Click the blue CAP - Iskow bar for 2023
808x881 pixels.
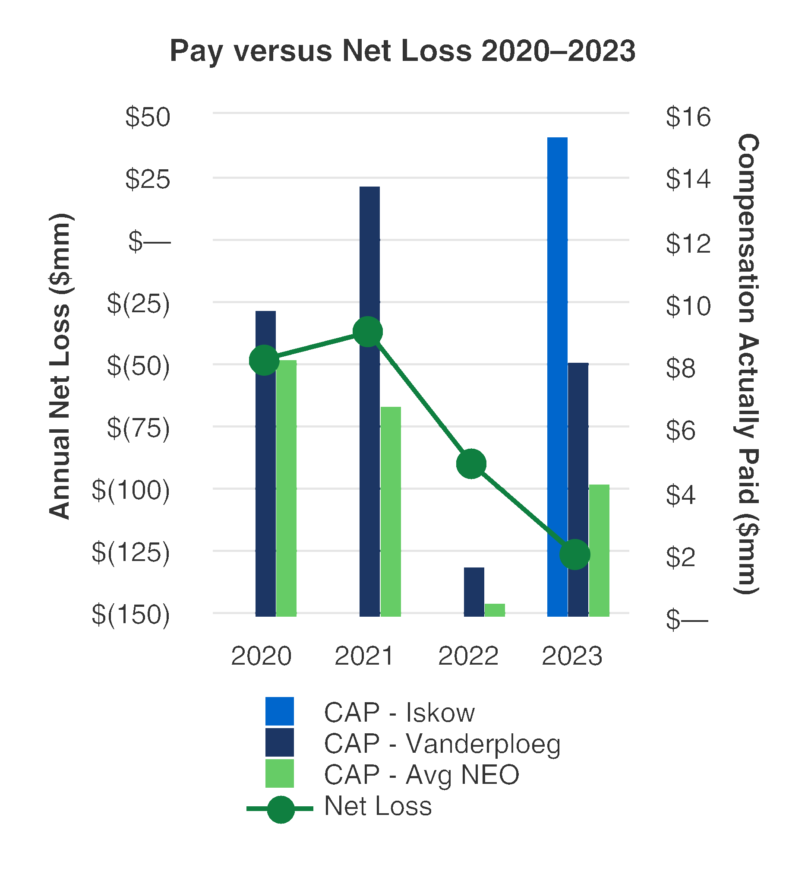coord(558,376)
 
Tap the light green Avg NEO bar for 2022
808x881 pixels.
coord(495,610)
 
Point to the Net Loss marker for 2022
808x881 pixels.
coord(471,464)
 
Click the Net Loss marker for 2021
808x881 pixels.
coord(368,332)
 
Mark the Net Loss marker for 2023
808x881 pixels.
coord(575,554)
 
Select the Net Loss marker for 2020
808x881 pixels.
coord(264,360)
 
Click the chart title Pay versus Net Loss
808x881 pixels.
coord(402,51)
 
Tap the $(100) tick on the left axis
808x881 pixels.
coord(131,490)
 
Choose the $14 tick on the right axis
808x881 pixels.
coord(688,179)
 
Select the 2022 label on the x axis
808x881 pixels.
coord(468,656)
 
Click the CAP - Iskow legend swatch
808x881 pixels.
coord(279,712)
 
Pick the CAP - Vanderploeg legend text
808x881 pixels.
coord(442,744)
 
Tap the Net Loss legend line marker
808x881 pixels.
coord(280,809)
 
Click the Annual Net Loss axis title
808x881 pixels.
coord(60,367)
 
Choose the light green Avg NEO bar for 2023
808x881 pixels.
coord(599,550)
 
